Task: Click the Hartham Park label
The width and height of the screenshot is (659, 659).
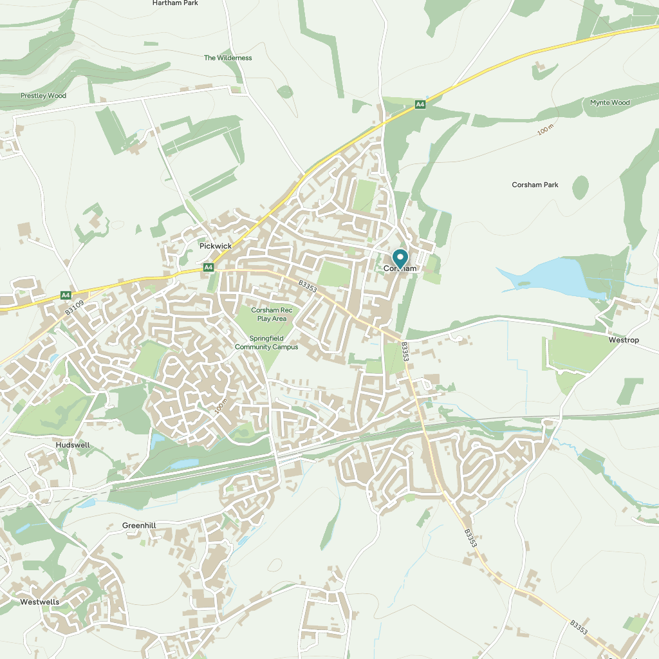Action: click(x=175, y=3)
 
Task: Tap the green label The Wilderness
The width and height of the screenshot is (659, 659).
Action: click(x=228, y=58)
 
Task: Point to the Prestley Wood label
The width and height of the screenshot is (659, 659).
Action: click(x=43, y=96)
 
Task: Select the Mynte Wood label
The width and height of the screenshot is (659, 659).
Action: click(x=609, y=103)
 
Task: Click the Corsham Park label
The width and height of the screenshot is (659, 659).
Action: click(x=535, y=185)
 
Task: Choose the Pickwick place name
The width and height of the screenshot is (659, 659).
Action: click(x=215, y=246)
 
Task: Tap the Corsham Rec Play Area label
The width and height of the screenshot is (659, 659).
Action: click(x=272, y=315)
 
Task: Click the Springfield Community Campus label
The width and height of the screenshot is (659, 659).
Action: click(x=266, y=343)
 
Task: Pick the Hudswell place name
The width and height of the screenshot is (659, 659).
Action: click(x=73, y=445)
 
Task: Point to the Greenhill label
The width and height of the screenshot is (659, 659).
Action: click(x=139, y=526)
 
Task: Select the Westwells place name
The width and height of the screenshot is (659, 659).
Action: click(x=40, y=602)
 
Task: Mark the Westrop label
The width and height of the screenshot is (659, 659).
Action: click(x=624, y=340)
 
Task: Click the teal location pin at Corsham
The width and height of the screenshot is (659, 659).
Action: click(x=400, y=259)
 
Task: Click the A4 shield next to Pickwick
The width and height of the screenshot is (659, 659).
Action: click(x=208, y=267)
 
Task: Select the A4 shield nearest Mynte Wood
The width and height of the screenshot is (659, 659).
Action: click(x=420, y=104)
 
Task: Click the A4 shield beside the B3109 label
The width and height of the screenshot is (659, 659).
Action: click(x=66, y=295)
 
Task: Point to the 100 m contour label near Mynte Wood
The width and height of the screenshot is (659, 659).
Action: click(x=545, y=130)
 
